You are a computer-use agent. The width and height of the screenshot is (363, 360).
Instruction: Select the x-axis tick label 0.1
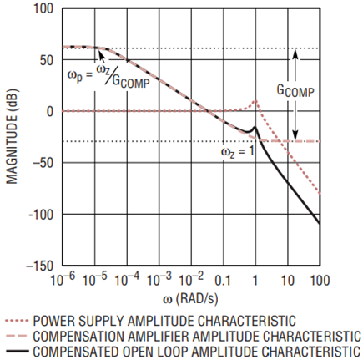tap(224, 280)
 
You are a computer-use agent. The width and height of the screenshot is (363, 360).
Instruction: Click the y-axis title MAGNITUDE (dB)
tap(11, 138)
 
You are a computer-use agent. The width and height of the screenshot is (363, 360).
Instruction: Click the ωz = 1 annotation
tap(238, 152)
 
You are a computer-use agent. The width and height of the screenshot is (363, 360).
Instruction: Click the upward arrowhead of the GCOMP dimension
tap(295, 52)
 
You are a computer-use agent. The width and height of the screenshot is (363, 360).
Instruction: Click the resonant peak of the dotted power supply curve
tap(255, 102)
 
